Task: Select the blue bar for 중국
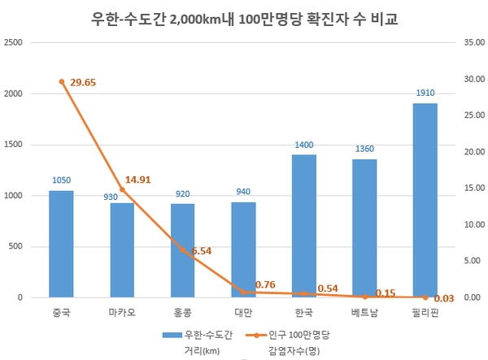[61, 244]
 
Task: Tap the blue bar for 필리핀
[425, 200]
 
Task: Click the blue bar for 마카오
[122, 250]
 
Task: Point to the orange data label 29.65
[84, 83]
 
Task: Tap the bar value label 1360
[364, 150]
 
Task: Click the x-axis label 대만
[243, 312]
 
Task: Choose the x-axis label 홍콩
[182, 312]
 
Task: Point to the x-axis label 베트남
[364, 312]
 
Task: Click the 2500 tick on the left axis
[14, 43]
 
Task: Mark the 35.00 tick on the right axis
[473, 43]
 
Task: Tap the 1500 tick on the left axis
[14, 145]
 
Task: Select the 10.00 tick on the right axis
[473, 225]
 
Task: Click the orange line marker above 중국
[61, 81]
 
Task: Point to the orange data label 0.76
[265, 284]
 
